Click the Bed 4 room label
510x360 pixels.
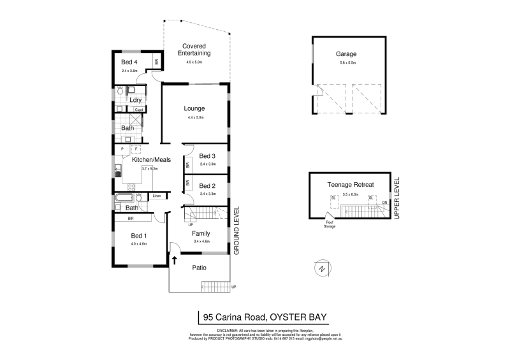pos(129,62)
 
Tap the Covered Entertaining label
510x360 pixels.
pos(193,50)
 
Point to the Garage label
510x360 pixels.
pos(346,54)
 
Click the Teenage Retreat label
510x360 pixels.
pos(350,184)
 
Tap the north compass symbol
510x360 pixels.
pos(322,269)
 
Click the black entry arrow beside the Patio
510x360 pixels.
pos(174,260)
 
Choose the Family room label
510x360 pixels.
pos(202,233)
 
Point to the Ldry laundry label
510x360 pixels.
pos(135,100)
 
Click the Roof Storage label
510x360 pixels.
pos(329,224)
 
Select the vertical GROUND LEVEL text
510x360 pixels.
pos(236,230)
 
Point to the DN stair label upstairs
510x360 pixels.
pos(384,203)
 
